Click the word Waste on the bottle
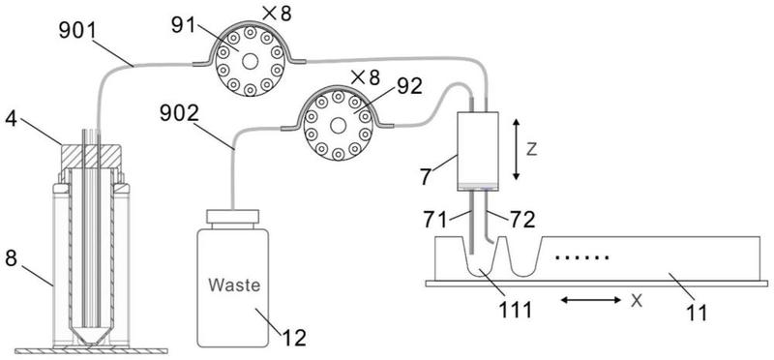[x=233, y=285]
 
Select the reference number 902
[x=180, y=114]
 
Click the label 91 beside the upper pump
[x=184, y=26]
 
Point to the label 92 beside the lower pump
[x=410, y=87]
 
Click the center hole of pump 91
[x=251, y=61]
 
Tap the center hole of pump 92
[x=338, y=126]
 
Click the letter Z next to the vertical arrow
[x=531, y=150]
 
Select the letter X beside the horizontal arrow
[x=638, y=301]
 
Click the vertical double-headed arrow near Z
[x=516, y=149]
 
